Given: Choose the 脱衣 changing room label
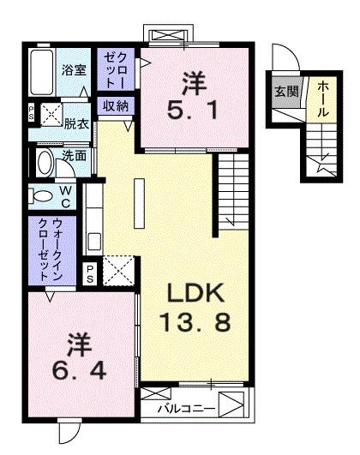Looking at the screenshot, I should click(x=77, y=123).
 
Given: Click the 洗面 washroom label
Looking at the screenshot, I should click(x=73, y=157).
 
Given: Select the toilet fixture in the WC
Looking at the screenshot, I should click(x=41, y=195).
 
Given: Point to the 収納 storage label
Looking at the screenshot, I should click(x=117, y=106).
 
